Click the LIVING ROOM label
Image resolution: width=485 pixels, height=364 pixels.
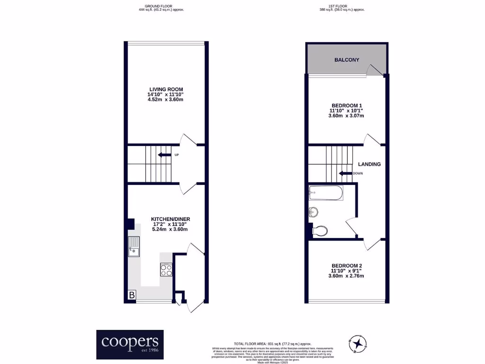tap(166, 89)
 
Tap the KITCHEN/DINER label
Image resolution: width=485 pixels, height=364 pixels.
tap(170, 219)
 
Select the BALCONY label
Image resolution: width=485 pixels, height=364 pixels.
tap(347, 60)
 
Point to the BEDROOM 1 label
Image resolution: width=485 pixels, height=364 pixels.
tap(346, 105)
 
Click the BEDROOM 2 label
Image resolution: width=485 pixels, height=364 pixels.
tap(347, 265)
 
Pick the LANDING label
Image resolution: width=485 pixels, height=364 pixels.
tap(369, 164)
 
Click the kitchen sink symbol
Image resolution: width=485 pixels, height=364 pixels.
tap(134, 246)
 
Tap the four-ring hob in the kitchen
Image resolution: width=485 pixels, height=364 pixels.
tap(166, 270)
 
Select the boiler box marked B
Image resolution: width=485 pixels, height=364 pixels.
tap(132, 295)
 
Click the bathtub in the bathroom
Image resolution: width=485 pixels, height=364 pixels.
tap(325, 192)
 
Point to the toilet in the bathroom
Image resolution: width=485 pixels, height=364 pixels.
tap(320, 231)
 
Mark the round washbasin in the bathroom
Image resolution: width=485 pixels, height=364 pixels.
tap(313, 212)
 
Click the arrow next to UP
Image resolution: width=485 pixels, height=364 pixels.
tap(164, 155)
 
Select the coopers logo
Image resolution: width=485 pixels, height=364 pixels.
tap(130, 344)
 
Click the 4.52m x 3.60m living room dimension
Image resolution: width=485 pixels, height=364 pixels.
tap(165, 100)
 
